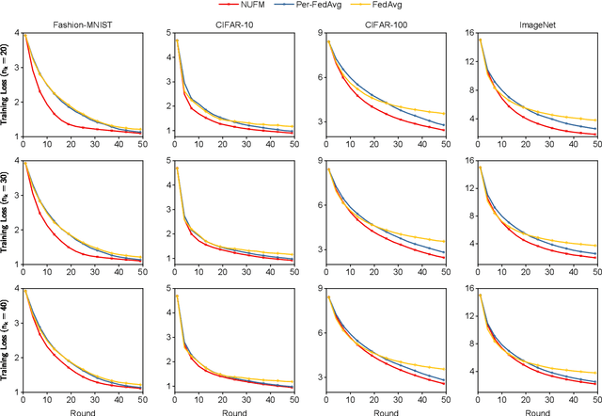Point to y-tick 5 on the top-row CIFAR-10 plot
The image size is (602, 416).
tap(166, 34)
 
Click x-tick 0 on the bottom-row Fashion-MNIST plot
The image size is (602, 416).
tap(23, 399)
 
